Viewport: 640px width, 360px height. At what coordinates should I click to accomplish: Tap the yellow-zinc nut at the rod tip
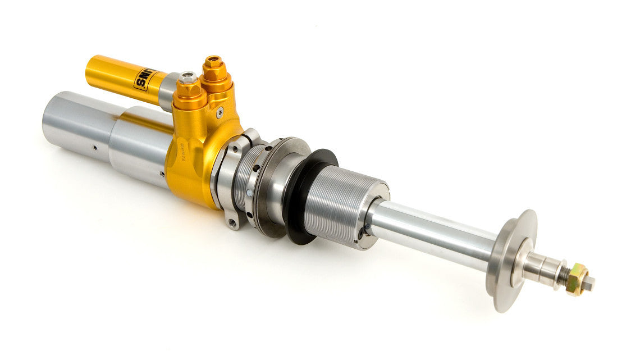tap(578, 279)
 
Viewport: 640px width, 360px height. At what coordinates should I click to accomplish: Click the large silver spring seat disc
tap(510, 259)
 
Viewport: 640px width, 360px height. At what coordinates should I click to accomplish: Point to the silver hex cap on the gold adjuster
tap(188, 78)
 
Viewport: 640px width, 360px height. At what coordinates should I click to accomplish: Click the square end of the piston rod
tap(589, 284)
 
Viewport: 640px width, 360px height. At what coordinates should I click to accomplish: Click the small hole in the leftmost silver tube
tap(94, 148)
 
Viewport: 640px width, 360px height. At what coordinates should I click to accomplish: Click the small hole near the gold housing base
tap(164, 168)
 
